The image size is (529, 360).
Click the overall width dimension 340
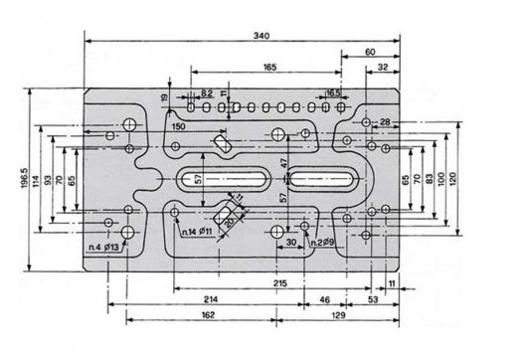262,35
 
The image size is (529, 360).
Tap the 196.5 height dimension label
25,178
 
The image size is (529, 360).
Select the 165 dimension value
269,67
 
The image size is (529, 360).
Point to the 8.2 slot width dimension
207,92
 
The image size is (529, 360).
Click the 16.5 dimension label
333,92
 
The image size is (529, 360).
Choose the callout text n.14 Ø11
197,232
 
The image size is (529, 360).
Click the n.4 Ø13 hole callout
103,248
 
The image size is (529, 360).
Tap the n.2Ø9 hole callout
322,243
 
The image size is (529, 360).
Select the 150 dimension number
178,126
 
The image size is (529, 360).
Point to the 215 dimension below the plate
280,282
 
